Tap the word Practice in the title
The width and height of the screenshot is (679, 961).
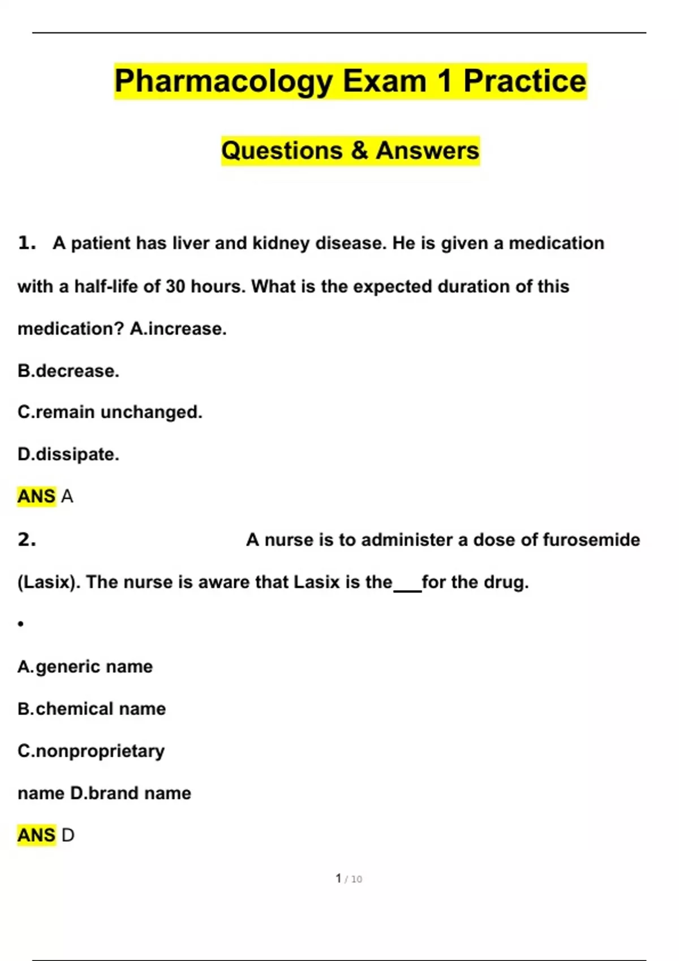[525, 80]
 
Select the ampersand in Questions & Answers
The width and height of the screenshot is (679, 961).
[359, 151]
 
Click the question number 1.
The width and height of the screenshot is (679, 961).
[27, 243]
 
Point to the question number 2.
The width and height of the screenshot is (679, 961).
[27, 540]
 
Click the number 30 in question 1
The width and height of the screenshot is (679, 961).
[175, 287]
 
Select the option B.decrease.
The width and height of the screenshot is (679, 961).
[68, 371]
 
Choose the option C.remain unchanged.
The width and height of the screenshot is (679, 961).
[110, 412]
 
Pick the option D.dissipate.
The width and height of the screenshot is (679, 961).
[68, 454]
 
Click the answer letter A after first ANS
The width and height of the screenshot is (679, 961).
[67, 496]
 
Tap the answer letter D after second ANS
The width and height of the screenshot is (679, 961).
[67, 835]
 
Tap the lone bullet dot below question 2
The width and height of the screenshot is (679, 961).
[21, 624]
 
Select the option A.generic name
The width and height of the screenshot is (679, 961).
[85, 666]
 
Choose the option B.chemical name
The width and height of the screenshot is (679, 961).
[92, 709]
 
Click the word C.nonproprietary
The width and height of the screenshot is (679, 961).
[91, 751]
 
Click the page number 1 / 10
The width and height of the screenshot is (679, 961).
[349, 878]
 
